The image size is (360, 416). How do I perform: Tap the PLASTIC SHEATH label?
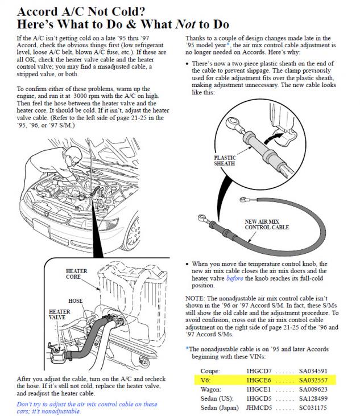click(225, 161)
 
